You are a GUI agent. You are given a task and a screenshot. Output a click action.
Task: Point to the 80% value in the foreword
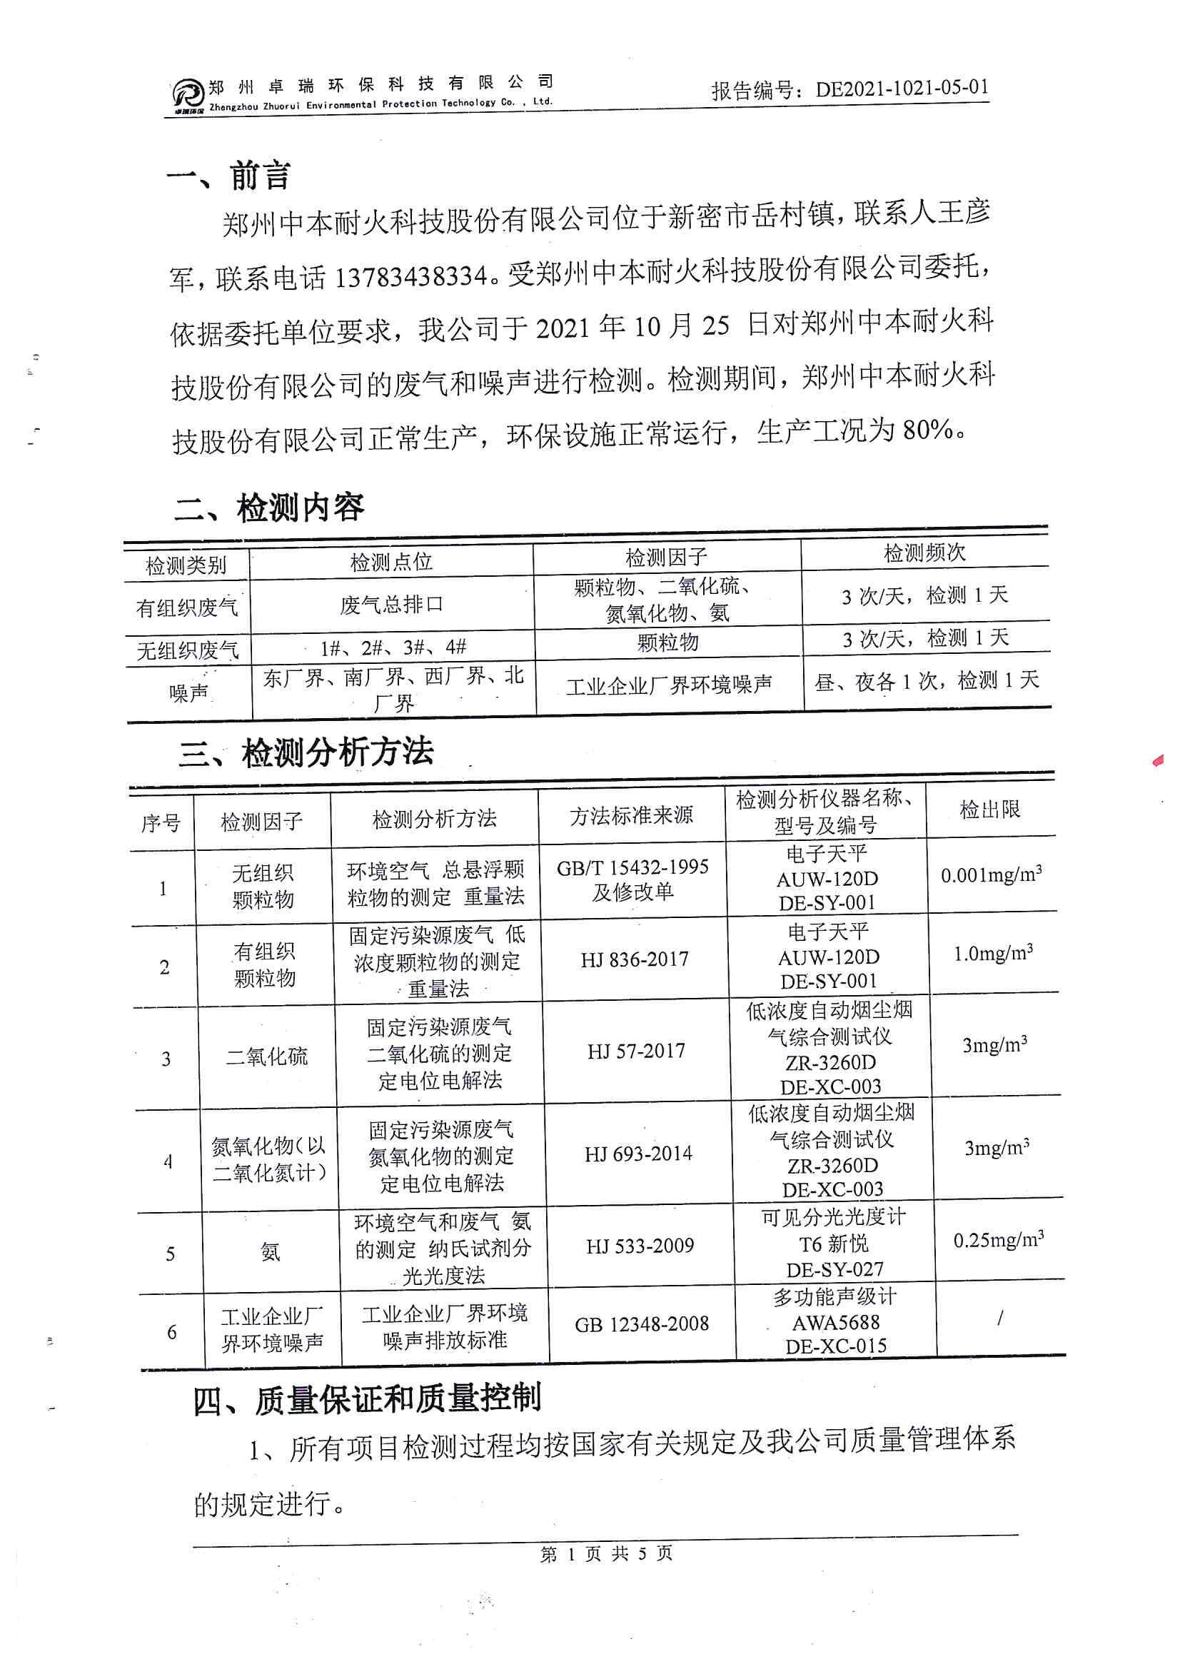click(x=927, y=430)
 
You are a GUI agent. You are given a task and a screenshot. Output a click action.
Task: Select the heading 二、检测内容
click(x=269, y=508)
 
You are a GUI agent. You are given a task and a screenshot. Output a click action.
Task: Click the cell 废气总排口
click(x=391, y=604)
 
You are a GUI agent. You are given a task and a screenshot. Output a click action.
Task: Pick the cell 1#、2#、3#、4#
click(x=393, y=647)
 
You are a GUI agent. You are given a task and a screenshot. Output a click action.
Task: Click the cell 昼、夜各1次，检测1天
click(x=927, y=682)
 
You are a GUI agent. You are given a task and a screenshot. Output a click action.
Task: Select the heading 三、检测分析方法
click(x=306, y=752)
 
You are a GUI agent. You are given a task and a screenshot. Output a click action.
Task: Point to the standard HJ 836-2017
click(x=634, y=960)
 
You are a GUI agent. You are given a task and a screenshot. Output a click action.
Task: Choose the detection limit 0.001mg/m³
click(x=991, y=874)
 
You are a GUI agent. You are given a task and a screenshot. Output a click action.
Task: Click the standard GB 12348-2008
click(x=641, y=1324)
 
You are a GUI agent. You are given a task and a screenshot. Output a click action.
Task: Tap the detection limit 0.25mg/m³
click(x=998, y=1240)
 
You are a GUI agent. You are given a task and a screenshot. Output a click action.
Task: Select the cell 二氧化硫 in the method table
click(x=266, y=1057)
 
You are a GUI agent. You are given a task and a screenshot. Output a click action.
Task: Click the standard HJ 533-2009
click(x=640, y=1246)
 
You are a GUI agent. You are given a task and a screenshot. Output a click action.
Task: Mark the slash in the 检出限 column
click(x=1000, y=1317)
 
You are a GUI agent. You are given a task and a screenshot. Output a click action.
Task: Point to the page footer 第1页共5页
click(x=606, y=1554)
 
